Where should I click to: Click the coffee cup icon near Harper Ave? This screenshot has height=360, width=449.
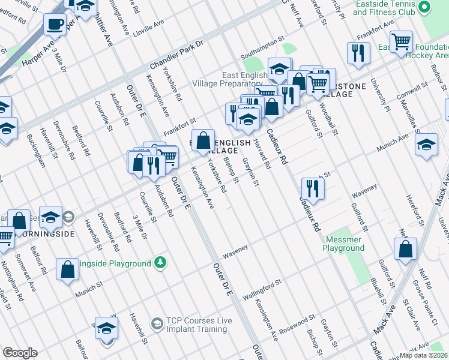tap(55, 25)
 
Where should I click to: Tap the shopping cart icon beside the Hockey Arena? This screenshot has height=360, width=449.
tap(401, 41)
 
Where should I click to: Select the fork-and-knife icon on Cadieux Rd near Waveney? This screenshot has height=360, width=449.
tap(313, 188)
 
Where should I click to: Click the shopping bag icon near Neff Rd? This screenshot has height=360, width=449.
tap(406, 248)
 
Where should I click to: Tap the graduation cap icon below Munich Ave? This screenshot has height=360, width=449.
tap(426, 145)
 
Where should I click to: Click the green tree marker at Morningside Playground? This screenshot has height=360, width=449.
tap(160, 262)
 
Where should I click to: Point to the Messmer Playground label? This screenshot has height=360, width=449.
tap(345, 244)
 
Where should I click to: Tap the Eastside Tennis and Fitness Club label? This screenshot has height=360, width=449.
tap(385, 8)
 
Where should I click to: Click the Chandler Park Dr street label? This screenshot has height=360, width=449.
tap(177, 54)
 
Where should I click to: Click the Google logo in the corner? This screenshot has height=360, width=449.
tap(20, 352)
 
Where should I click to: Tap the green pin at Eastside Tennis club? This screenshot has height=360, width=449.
tap(424, 8)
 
